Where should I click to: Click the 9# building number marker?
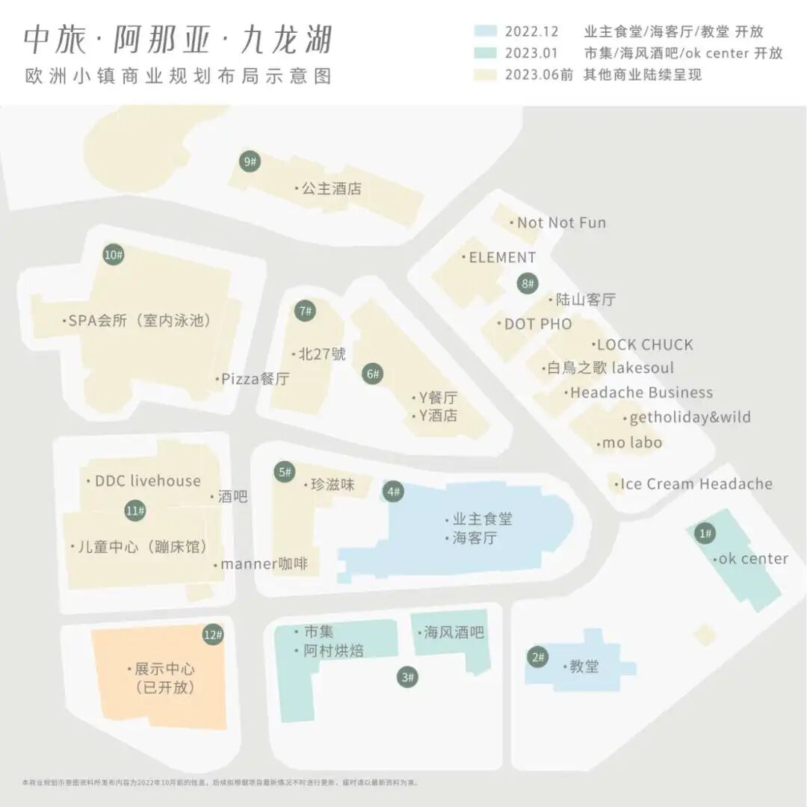[x=250, y=161]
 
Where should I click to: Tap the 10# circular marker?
[x=114, y=256]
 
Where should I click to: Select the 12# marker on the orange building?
[x=213, y=635]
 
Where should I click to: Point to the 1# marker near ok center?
[x=705, y=534]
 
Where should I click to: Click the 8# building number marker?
[x=528, y=283]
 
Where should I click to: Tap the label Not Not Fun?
[x=561, y=223]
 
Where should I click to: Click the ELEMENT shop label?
[x=502, y=258]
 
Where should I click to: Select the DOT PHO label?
[x=538, y=324]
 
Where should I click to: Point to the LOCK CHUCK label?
[x=645, y=344]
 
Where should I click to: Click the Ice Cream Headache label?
[x=696, y=484]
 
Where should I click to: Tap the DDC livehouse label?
[x=148, y=481]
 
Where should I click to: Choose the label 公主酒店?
[x=331, y=189]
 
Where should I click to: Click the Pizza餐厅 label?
[x=255, y=379]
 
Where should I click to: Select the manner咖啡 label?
[x=264, y=564]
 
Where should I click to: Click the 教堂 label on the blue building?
[x=584, y=667]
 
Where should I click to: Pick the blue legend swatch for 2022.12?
[x=485, y=31]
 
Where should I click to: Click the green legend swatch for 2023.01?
[x=485, y=53]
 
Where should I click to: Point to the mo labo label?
[x=631, y=443]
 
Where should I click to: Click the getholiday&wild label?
[x=690, y=418]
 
